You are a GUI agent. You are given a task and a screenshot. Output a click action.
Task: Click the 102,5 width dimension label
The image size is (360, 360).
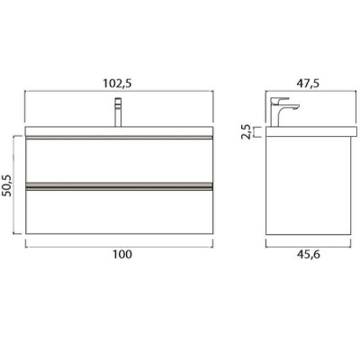pyautogui.click(x=117, y=84)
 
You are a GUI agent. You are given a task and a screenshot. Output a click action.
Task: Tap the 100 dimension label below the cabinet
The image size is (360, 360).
pyautogui.click(x=122, y=254)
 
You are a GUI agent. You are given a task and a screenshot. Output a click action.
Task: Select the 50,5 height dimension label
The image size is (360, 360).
pyautogui.click(x=7, y=185)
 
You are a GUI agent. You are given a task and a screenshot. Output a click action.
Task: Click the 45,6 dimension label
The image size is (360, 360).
pyautogui.click(x=309, y=254)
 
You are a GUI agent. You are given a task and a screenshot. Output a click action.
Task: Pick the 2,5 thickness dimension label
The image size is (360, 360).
pyautogui.click(x=247, y=132)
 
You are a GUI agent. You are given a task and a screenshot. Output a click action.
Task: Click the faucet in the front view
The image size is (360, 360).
pyautogui.click(x=118, y=112)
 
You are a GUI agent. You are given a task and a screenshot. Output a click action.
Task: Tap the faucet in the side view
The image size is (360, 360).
pyautogui.click(x=283, y=112)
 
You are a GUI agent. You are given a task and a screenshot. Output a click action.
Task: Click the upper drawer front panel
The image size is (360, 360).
pyautogui.click(x=119, y=160)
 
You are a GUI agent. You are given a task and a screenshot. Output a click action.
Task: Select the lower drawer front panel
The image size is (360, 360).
pyautogui.click(x=119, y=212)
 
